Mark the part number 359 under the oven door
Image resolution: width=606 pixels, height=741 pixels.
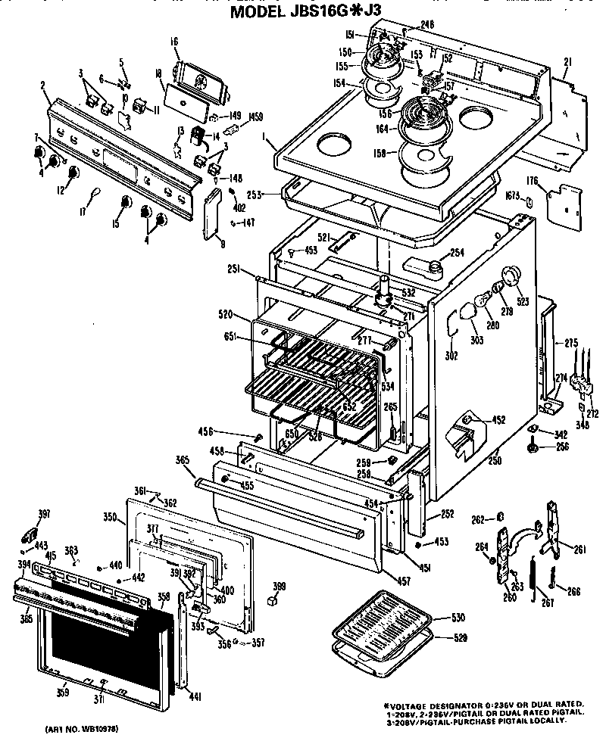click(63, 691)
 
